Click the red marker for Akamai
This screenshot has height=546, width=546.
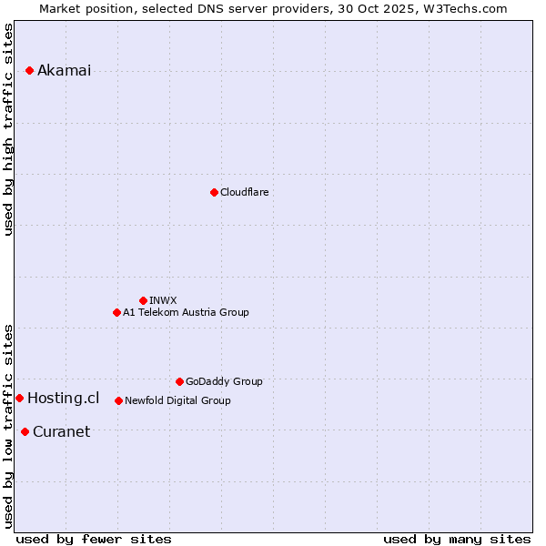tap(29, 70)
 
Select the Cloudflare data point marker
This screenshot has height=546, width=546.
tap(214, 192)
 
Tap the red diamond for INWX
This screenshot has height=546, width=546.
tap(143, 300)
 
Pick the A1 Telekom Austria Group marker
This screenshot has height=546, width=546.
tap(116, 312)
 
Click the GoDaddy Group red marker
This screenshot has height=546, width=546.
tap(179, 381)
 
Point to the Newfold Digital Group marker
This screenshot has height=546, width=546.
tap(118, 400)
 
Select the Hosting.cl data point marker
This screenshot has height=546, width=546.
tap(19, 398)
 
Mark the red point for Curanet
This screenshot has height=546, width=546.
tap(25, 431)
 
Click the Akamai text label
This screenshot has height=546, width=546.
tap(64, 71)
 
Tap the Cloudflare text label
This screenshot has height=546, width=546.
tap(244, 192)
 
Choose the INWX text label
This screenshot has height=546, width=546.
tap(163, 300)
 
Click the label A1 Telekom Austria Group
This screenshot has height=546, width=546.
tap(186, 312)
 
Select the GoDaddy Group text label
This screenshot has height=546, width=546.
tap(224, 381)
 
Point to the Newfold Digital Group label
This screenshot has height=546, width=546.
tap(177, 400)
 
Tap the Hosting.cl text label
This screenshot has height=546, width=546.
tap(63, 398)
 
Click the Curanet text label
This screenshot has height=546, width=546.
tap(61, 431)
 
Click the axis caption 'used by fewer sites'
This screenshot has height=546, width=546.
tap(94, 539)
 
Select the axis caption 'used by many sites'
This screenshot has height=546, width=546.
tap(457, 539)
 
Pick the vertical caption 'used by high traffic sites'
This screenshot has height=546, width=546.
tap(9, 129)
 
